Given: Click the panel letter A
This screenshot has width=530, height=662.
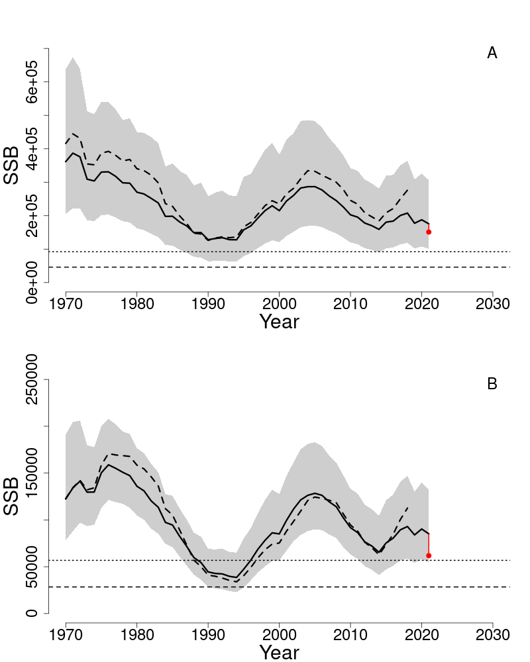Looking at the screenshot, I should pyautogui.click(x=492, y=54).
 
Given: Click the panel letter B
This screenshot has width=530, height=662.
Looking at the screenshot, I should pyautogui.click(x=492, y=384).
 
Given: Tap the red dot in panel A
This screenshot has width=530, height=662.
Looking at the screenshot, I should pyautogui.click(x=429, y=232).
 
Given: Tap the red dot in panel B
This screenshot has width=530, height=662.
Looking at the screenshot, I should pyautogui.click(x=429, y=555).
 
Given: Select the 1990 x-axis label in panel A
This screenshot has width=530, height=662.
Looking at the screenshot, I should pyautogui.click(x=208, y=305).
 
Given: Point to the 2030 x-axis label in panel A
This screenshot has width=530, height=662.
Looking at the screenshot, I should pyautogui.click(x=493, y=305).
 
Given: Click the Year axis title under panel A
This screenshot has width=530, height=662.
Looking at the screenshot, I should pyautogui.click(x=279, y=322).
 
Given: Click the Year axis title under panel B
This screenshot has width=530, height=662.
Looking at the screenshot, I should pyautogui.click(x=279, y=653).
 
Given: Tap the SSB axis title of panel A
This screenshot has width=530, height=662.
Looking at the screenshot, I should pyautogui.click(x=12, y=165).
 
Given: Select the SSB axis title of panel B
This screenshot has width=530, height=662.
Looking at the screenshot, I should pyautogui.click(x=12, y=496).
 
